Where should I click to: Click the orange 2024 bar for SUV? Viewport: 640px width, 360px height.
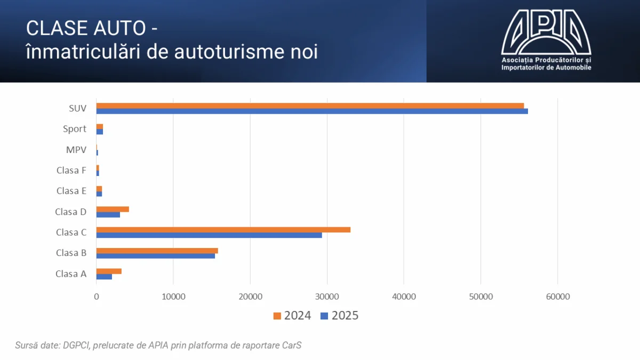pyautogui.click(x=310, y=106)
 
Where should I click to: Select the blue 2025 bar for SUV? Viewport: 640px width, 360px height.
pyautogui.click(x=312, y=111)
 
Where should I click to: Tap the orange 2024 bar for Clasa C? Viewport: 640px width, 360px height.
pyautogui.click(x=223, y=230)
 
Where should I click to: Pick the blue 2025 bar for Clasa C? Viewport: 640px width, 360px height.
pyautogui.click(x=209, y=235)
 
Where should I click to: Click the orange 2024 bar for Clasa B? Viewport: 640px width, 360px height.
pyautogui.click(x=157, y=251)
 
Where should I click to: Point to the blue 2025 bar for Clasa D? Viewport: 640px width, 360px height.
pyautogui.click(x=108, y=214)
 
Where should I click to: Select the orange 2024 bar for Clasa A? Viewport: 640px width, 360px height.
pyautogui.click(x=109, y=271)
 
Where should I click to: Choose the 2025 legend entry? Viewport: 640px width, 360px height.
pyautogui.click(x=339, y=316)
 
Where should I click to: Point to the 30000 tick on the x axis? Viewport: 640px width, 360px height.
pyautogui.click(x=327, y=297)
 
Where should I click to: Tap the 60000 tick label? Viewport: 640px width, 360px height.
pyautogui.click(x=557, y=297)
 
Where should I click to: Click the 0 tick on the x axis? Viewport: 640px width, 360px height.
pyautogui.click(x=97, y=297)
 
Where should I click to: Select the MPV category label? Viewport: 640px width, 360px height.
pyautogui.click(x=76, y=150)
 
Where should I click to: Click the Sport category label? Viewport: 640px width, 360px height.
pyautogui.click(x=74, y=129)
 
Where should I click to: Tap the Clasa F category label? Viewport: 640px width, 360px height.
pyautogui.click(x=71, y=171)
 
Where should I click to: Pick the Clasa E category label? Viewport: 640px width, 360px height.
pyautogui.click(x=71, y=191)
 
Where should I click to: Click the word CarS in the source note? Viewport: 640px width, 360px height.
pyautogui.click(x=292, y=345)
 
